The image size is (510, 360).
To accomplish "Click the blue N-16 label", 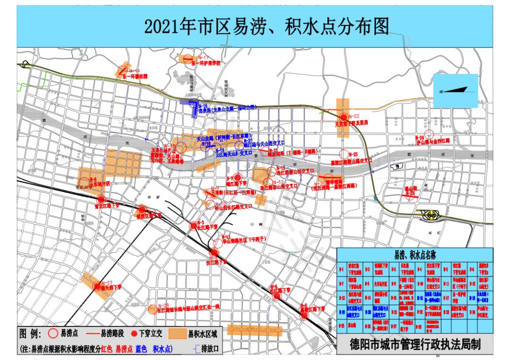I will click(203, 106).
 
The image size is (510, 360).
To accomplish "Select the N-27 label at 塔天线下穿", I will click(107, 282).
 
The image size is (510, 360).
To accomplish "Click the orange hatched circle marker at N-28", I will click(152, 310).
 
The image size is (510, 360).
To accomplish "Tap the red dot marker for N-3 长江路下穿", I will click(193, 226).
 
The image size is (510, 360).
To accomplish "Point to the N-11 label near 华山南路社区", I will click(226, 235).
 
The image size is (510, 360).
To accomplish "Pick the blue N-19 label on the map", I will click(220, 150).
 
